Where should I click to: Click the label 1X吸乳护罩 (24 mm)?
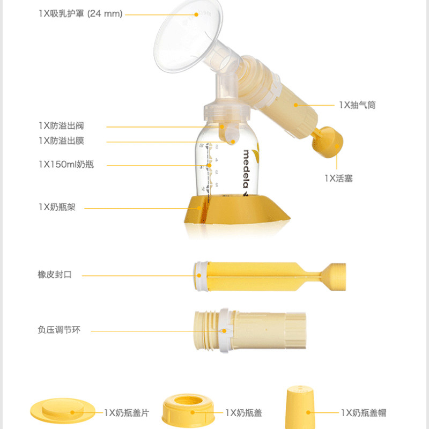(x=80, y=14)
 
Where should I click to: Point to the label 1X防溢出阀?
(x=61, y=126)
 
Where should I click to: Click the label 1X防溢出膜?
(x=61, y=141)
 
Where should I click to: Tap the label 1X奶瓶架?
(x=57, y=207)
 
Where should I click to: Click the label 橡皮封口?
(x=54, y=275)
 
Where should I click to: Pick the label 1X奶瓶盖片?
(x=127, y=413)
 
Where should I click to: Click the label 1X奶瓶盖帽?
(x=364, y=413)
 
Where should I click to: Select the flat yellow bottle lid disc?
(x=62, y=412)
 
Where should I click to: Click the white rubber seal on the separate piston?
(x=201, y=276)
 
